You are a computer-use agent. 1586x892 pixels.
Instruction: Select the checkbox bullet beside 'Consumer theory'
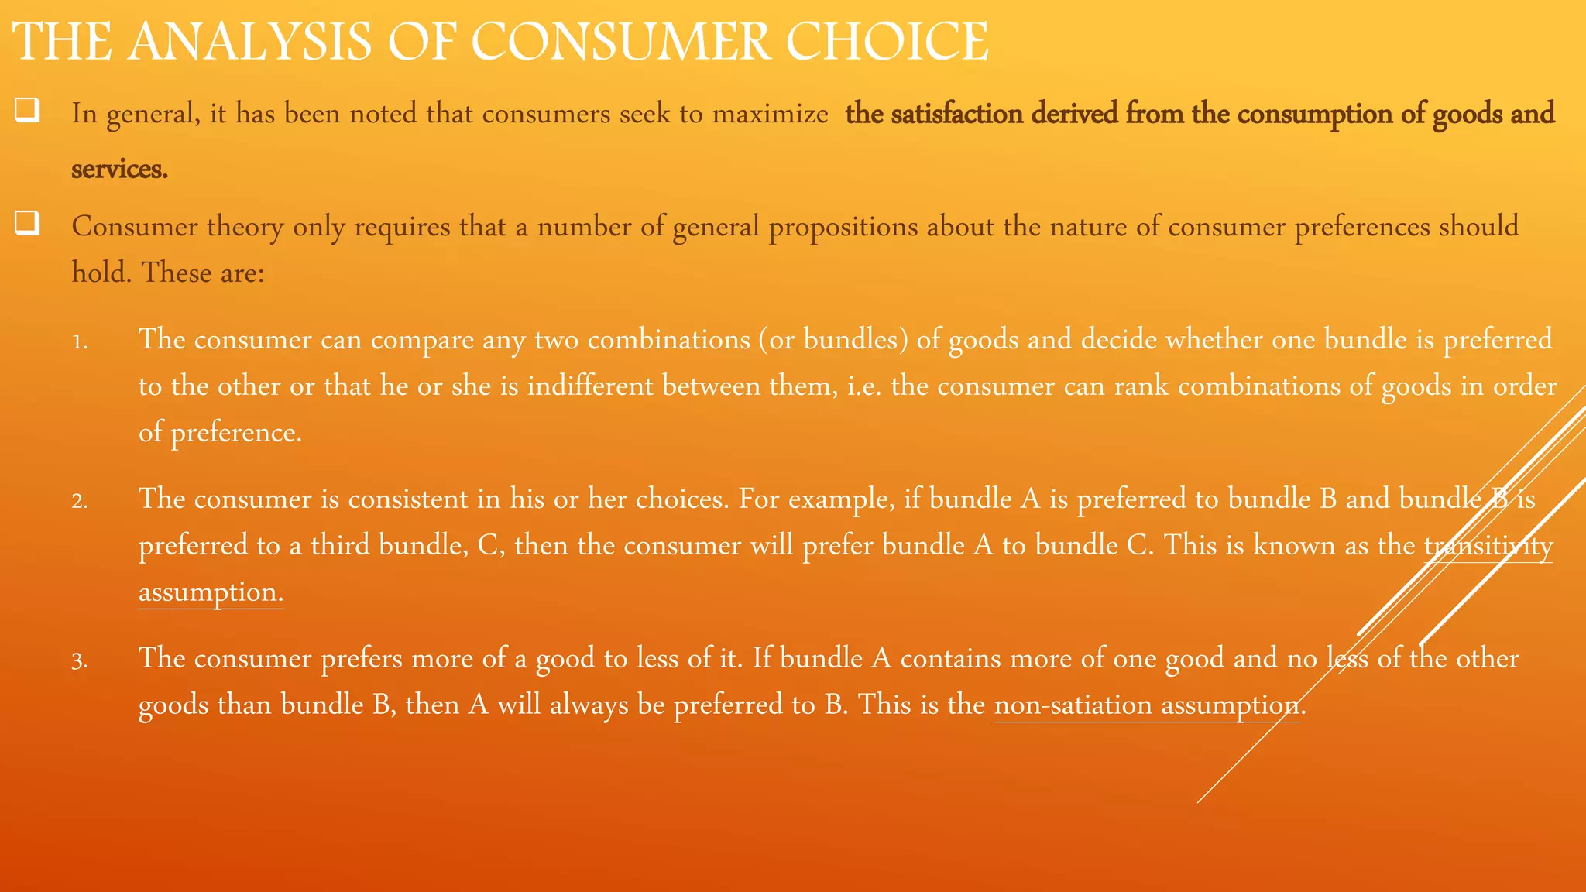coord(27,224)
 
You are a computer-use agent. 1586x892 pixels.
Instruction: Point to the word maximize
coord(770,114)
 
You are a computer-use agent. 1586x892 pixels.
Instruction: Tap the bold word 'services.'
coord(119,169)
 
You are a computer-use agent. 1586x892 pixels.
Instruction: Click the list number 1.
coord(80,341)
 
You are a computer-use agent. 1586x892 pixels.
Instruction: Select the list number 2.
coord(80,501)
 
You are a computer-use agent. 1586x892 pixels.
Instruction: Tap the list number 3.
coord(80,660)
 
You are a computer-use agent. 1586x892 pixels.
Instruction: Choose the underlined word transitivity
coord(1488,545)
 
